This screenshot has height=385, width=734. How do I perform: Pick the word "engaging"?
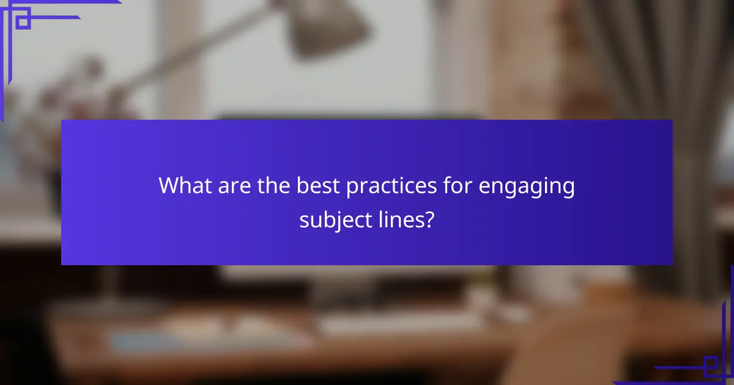527,187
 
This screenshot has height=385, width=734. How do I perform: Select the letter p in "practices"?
352,188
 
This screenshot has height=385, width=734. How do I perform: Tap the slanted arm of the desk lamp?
202,55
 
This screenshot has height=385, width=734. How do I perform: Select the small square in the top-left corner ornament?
23,22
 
